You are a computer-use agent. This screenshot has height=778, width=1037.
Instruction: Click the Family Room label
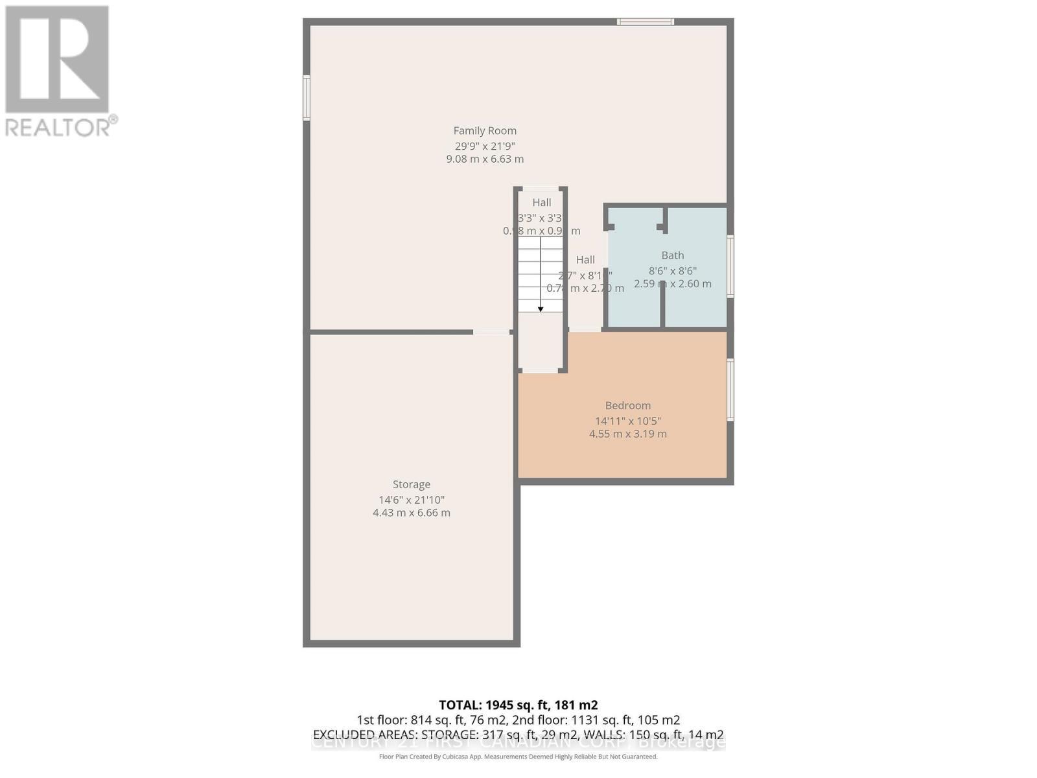485,131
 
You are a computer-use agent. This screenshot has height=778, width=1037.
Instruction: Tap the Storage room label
412,484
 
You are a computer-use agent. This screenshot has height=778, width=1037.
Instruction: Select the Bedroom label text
627,406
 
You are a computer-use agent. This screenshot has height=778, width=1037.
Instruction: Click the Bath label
672,255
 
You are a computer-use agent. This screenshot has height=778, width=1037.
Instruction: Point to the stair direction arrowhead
541,309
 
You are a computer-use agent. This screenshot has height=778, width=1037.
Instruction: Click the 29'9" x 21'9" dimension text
485,147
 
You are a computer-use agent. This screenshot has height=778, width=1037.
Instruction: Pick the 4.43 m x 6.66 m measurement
412,513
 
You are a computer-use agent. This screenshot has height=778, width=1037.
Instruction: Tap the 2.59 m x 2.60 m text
672,284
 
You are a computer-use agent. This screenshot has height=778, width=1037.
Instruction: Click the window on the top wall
645,22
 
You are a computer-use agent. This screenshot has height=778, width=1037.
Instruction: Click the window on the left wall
307,98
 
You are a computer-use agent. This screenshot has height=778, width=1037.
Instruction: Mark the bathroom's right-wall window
730,266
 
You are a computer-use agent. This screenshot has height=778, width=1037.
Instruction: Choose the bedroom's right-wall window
730,390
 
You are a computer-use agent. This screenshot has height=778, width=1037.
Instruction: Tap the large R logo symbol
57,60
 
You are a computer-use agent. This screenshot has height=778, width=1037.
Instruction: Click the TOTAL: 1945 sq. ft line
518,705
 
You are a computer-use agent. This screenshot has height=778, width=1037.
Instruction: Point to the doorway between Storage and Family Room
491,332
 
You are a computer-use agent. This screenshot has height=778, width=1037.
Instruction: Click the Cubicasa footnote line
518,757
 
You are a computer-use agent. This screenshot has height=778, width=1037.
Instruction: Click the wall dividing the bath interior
662,305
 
